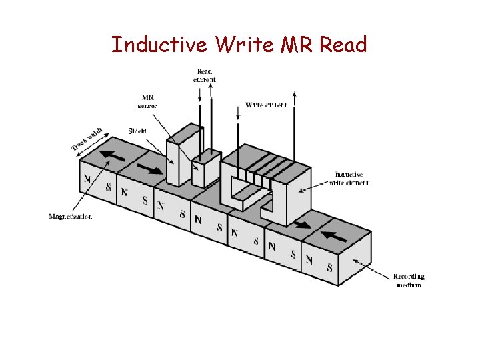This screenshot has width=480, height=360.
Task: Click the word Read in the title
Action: coord(343,45)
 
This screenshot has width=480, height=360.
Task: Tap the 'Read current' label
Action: coord(205,75)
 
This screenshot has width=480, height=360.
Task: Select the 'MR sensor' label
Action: coord(147,101)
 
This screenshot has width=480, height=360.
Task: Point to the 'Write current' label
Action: coord(266,105)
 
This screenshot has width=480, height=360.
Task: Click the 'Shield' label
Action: coord(137,131)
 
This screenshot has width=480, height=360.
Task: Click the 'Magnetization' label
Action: coord(71,216)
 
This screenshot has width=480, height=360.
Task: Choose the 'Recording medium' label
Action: coord(409,280)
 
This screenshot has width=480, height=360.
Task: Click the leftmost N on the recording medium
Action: coord(87,179)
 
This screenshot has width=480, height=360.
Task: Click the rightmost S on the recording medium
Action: coord(329,268)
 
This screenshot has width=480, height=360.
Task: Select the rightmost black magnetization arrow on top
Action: coord(335,236)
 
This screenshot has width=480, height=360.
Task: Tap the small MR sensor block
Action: coord(205,168)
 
